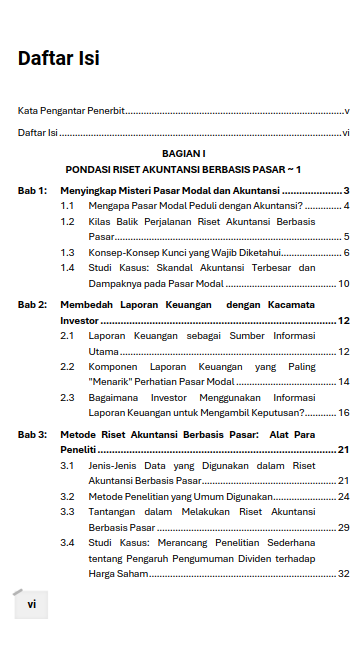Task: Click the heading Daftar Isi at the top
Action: pos(58,59)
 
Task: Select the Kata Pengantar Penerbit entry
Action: pos(71,111)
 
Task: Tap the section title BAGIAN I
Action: pos(183,154)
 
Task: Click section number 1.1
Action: pos(68,206)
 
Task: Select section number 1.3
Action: pos(68,252)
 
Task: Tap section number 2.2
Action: pos(68,366)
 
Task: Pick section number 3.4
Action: pos(68,542)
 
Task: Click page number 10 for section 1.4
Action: pos(343,284)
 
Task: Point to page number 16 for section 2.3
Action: pos(343,412)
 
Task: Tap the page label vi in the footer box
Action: pos(31,604)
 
